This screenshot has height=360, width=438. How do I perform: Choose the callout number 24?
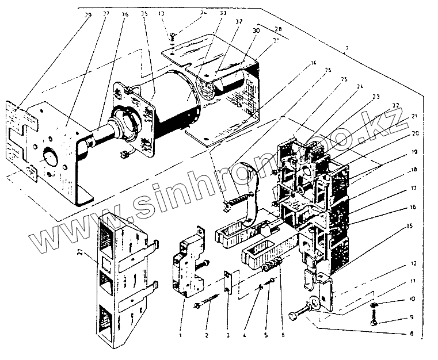coord(376,87)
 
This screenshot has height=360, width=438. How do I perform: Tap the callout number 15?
coord(409,226)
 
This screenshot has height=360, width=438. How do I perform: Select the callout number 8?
coord(410,333)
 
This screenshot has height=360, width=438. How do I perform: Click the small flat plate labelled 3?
coord(227,282)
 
